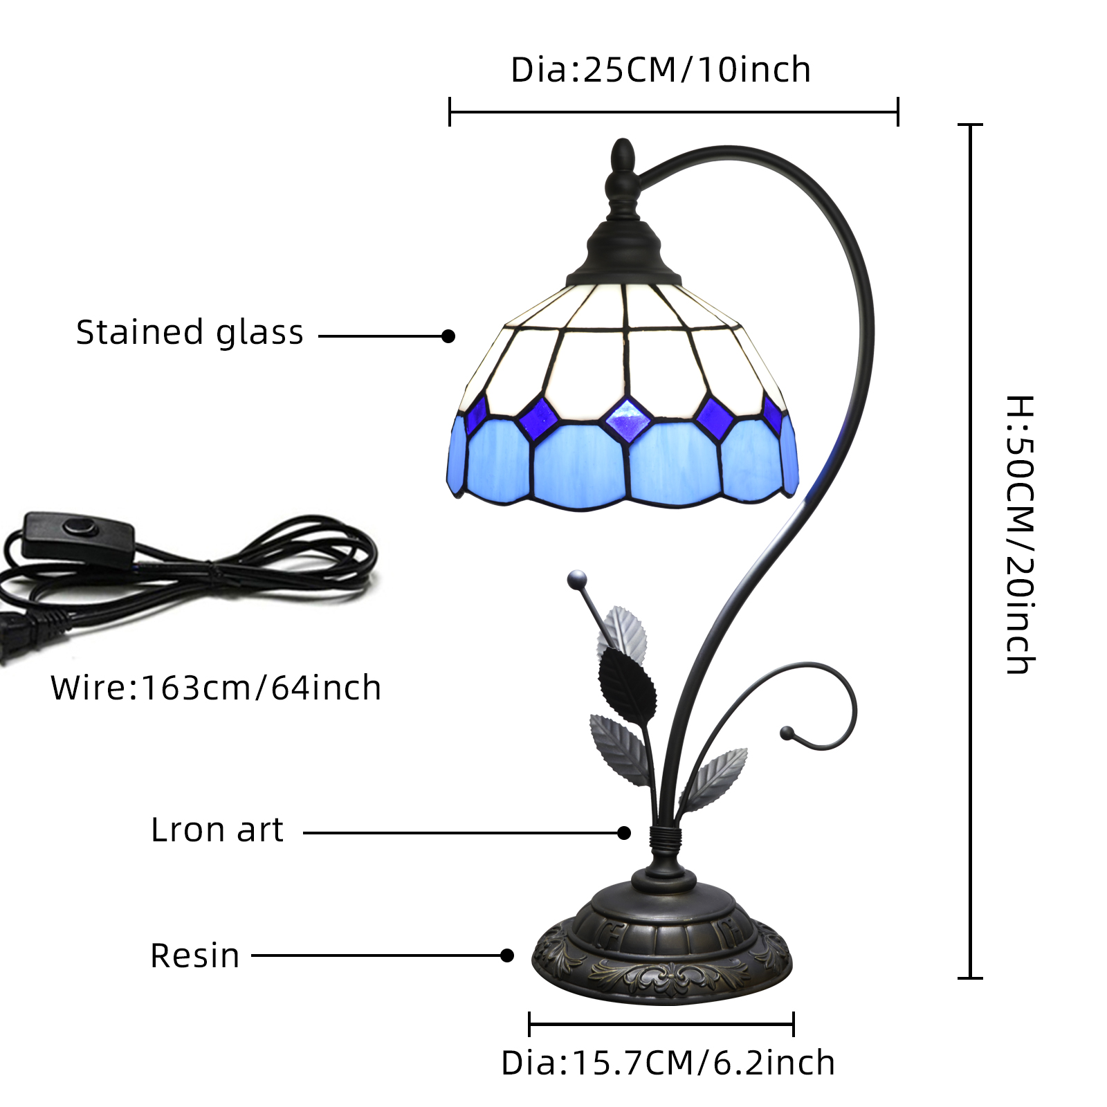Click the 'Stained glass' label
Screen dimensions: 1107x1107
pos(190,333)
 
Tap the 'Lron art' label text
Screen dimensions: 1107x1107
pos(217,830)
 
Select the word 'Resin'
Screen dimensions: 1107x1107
pos(194,955)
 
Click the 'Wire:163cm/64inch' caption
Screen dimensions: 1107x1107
pos(215,688)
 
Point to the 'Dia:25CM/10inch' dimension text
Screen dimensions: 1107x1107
pos(660,70)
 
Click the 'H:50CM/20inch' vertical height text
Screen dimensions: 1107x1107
pos(1019,534)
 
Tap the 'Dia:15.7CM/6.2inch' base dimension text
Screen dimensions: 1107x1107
pos(668,1063)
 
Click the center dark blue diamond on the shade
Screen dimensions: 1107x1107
pos(628,420)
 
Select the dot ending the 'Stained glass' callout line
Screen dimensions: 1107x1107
pos(448,336)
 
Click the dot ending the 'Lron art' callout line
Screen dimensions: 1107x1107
pos(624,832)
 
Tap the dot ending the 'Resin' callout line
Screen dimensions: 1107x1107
pos(507,955)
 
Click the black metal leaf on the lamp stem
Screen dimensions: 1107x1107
pos(627,684)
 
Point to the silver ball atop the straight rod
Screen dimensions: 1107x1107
pos(576,579)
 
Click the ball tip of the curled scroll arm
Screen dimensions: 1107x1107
pos(787,733)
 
